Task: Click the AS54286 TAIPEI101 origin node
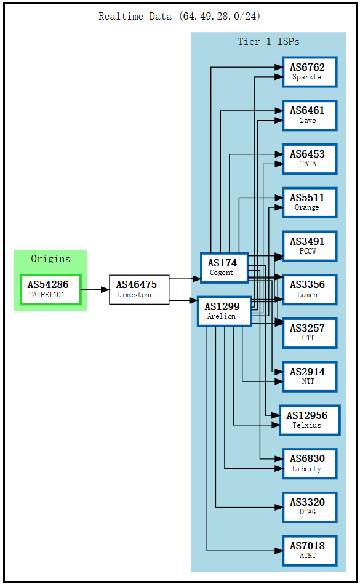click(50, 289)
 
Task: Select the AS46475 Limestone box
click(139, 289)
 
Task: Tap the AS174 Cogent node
click(224, 268)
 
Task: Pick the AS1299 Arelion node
click(224, 311)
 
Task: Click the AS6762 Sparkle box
click(309, 72)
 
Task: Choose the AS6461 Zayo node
click(309, 116)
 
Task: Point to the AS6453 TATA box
click(309, 159)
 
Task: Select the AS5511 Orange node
click(309, 202)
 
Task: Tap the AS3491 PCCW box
click(309, 246)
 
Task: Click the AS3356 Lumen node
click(309, 290)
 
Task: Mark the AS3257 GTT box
click(309, 333)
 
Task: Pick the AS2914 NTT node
click(309, 377)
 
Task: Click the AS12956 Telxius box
click(309, 420)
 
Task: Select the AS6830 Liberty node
click(309, 464)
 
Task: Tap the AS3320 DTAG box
click(309, 507)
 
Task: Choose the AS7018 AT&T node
click(309, 551)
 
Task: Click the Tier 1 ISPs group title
click(268, 42)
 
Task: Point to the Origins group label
click(50, 259)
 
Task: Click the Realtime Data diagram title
click(180, 17)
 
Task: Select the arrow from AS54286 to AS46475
click(95, 289)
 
